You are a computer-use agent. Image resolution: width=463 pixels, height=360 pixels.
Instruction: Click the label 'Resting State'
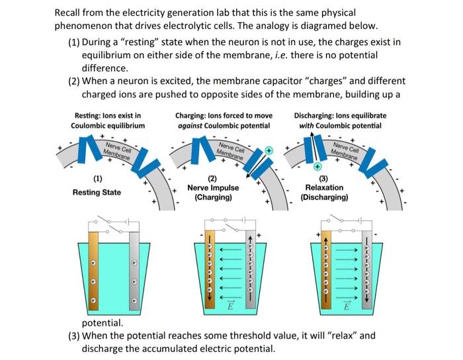[x=97, y=193]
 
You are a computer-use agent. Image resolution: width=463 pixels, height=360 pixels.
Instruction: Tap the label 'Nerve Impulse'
[x=213, y=188]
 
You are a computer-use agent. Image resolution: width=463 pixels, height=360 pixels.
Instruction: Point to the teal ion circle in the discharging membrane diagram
[x=317, y=165]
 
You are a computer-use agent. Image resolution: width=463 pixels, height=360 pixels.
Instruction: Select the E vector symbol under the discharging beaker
[x=345, y=308]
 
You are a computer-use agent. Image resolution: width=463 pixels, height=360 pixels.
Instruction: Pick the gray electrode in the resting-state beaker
[x=134, y=271]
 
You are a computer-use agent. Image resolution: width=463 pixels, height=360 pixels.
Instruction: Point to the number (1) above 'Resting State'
[x=97, y=179]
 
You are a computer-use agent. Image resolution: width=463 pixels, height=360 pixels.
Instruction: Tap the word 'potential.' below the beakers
[x=102, y=323]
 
